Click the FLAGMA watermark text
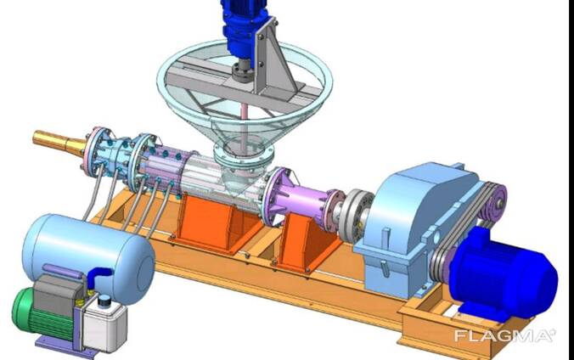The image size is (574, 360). tap(505, 335)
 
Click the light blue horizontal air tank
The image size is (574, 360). tap(87, 256)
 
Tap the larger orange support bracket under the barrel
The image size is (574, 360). tap(216, 223)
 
